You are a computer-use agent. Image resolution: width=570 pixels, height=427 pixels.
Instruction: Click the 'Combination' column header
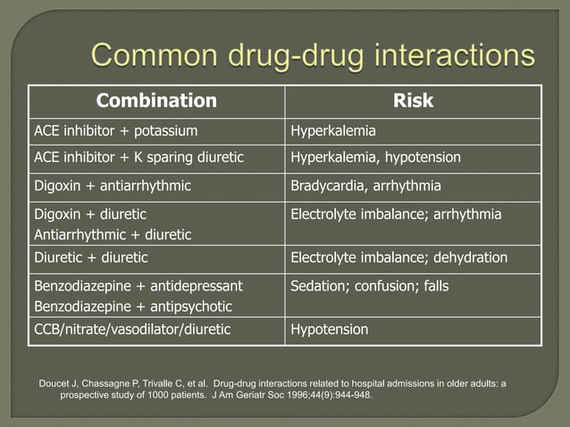(x=156, y=100)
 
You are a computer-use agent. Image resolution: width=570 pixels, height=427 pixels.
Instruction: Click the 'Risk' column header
(x=413, y=100)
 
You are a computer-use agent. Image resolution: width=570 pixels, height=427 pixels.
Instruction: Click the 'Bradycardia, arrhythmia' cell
(x=365, y=187)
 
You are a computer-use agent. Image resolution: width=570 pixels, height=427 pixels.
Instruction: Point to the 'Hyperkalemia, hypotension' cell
(x=376, y=158)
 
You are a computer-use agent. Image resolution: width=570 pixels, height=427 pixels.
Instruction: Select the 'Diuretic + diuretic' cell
(x=91, y=258)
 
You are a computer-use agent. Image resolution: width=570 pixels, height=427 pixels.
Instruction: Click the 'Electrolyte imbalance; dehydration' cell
(x=399, y=258)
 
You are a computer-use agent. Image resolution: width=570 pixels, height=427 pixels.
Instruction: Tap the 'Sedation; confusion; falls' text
(x=370, y=286)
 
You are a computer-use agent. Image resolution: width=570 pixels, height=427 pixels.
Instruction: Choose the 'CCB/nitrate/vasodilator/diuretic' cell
(x=132, y=330)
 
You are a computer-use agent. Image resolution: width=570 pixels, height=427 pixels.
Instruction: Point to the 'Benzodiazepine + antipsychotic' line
(x=133, y=306)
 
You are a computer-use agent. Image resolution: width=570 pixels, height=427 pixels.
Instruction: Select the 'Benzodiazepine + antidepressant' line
(x=138, y=286)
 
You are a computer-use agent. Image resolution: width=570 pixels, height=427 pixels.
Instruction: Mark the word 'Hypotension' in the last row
(x=330, y=330)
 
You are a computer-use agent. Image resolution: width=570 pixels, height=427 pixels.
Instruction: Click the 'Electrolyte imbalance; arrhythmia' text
(x=396, y=214)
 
